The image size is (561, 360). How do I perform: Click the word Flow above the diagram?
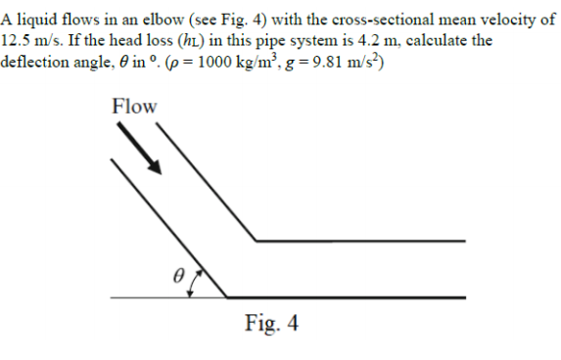134,106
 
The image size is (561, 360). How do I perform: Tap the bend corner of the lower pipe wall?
227,296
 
